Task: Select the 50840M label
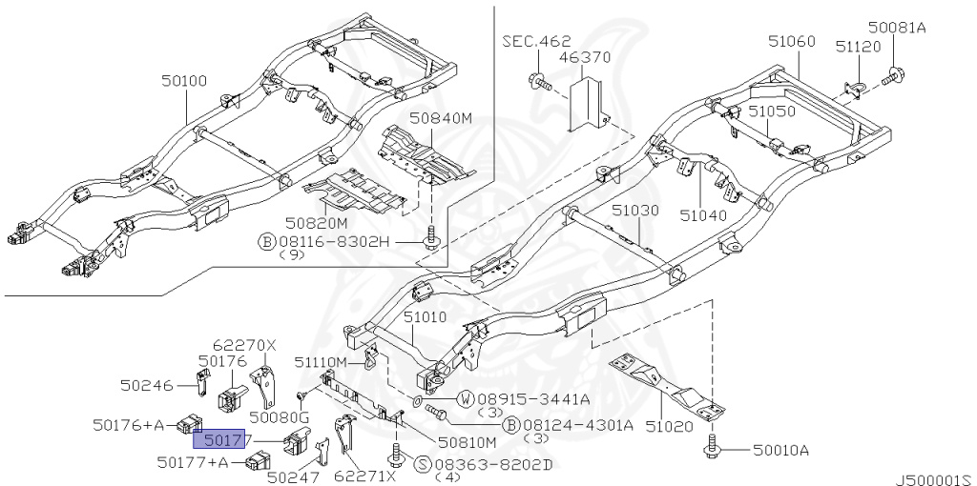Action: (442, 118)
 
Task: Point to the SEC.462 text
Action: (536, 41)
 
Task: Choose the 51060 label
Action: (792, 41)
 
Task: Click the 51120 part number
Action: (858, 46)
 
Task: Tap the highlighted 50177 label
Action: (221, 439)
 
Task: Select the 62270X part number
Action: (243, 345)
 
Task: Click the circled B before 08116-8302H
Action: (266, 241)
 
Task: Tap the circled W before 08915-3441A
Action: (466, 397)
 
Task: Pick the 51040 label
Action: (703, 215)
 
